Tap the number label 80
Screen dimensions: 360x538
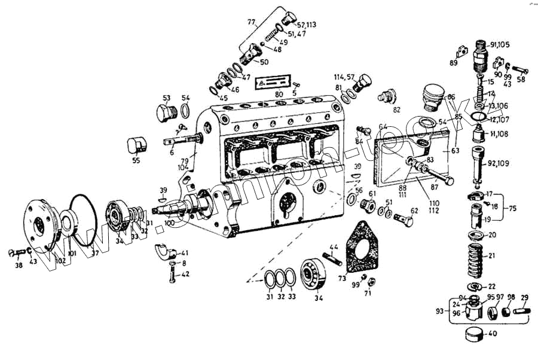coord(279,94)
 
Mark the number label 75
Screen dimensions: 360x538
coord(513,208)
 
